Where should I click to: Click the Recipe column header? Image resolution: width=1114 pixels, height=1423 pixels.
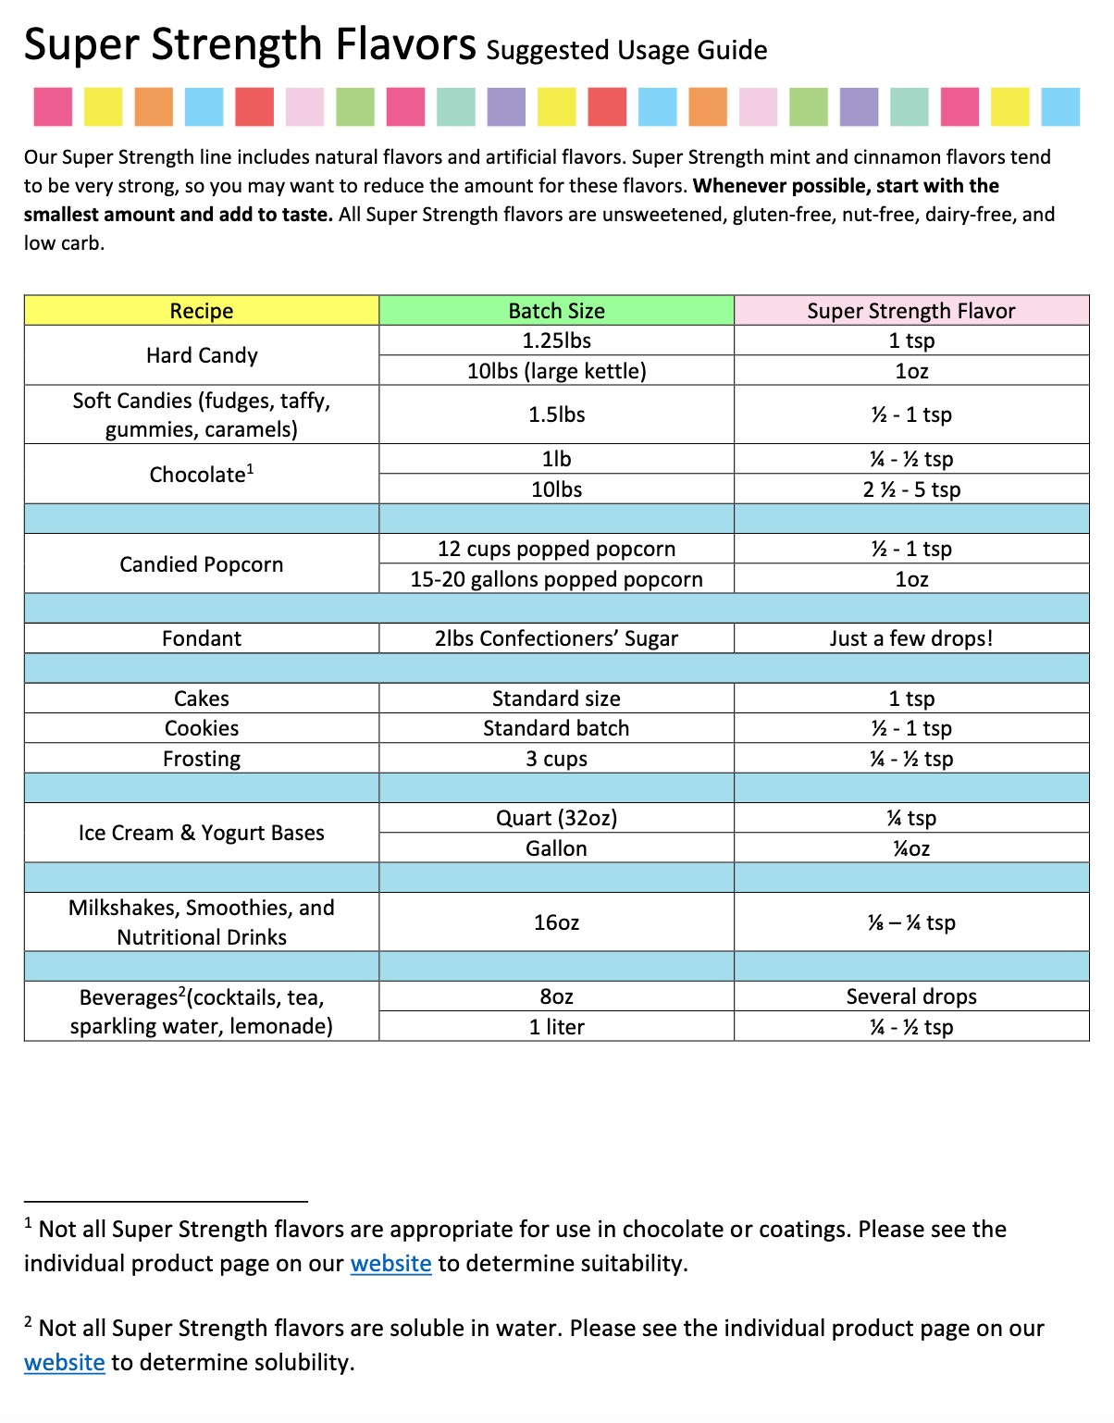point(202,311)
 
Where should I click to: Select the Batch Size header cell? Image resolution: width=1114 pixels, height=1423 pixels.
point(556,311)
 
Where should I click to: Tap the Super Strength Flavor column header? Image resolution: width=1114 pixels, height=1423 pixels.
point(910,311)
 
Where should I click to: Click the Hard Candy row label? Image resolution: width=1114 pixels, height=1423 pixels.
point(202,355)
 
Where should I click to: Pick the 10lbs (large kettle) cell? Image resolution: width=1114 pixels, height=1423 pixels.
point(556,371)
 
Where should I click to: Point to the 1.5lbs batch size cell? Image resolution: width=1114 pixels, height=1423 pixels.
point(556,415)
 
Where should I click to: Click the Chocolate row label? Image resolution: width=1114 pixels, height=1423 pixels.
point(202,475)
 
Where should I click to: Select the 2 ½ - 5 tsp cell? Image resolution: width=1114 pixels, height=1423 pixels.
point(910,489)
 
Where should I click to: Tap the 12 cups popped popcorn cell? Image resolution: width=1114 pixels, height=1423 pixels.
point(556,549)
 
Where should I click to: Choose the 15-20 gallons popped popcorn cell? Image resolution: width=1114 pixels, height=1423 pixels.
point(556,579)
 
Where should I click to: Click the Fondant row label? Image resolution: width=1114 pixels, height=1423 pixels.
point(202,638)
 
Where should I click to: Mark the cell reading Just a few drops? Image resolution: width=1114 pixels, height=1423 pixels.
point(910,638)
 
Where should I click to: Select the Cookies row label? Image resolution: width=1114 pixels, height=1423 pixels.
point(202,728)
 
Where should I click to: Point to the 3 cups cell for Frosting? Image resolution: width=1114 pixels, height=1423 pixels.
point(556,759)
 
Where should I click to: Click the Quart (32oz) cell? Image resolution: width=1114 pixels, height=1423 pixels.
point(556,818)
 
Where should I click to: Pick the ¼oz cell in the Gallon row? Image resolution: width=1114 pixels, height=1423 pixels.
point(910,848)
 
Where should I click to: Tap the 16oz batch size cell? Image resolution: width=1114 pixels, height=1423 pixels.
point(556,922)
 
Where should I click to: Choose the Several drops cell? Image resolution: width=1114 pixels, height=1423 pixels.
point(910,996)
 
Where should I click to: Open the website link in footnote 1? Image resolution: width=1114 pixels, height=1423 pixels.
point(390,1264)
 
